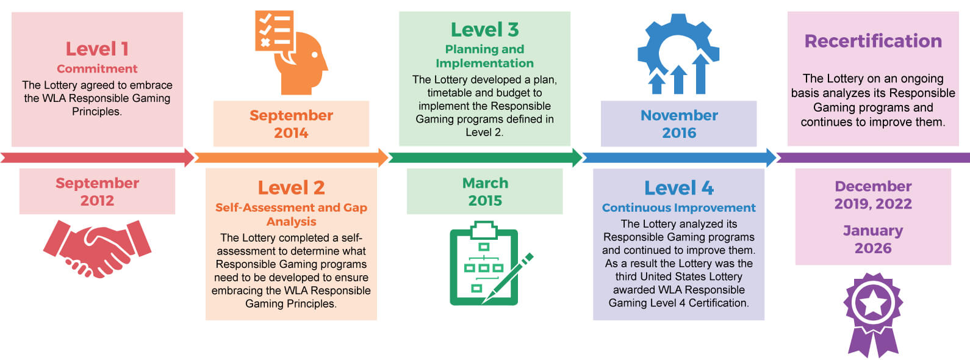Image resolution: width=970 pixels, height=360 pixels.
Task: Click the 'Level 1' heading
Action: (x=97, y=49)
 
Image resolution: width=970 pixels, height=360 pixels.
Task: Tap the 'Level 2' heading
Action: (x=291, y=187)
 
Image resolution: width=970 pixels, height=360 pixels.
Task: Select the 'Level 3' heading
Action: (x=484, y=29)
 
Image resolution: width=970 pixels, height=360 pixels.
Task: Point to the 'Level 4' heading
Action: (x=678, y=187)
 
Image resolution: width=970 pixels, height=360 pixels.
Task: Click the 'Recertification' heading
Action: (x=873, y=41)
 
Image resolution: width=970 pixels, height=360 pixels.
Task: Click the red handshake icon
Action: (x=97, y=249)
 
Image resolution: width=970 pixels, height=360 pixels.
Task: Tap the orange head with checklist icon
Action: (x=291, y=52)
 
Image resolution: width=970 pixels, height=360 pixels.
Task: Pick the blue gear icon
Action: (x=678, y=54)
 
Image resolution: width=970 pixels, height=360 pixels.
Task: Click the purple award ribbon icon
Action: (x=873, y=315)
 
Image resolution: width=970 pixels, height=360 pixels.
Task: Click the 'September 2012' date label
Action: (x=97, y=192)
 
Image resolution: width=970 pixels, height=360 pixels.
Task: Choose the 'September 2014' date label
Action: (x=291, y=124)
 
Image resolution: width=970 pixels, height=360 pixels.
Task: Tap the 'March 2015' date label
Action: (x=485, y=192)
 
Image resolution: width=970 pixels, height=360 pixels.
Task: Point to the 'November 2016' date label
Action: (x=679, y=124)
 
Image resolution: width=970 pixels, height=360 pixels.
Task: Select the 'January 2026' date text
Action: (x=873, y=239)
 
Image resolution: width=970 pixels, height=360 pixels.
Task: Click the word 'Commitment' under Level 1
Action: (x=97, y=68)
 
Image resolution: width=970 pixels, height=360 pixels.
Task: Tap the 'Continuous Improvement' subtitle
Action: (x=678, y=207)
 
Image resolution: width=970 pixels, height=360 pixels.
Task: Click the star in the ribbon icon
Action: (x=873, y=303)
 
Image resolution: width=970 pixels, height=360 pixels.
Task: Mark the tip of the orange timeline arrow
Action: (x=389, y=157)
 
